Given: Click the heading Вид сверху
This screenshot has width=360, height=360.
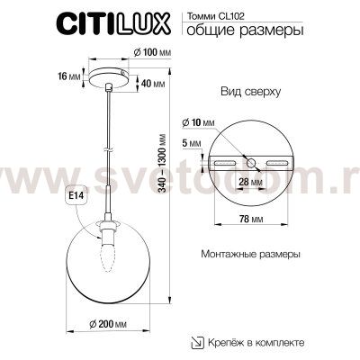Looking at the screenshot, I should click(x=251, y=94).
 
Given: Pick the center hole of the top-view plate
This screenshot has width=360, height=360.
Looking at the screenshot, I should click(x=252, y=162).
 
